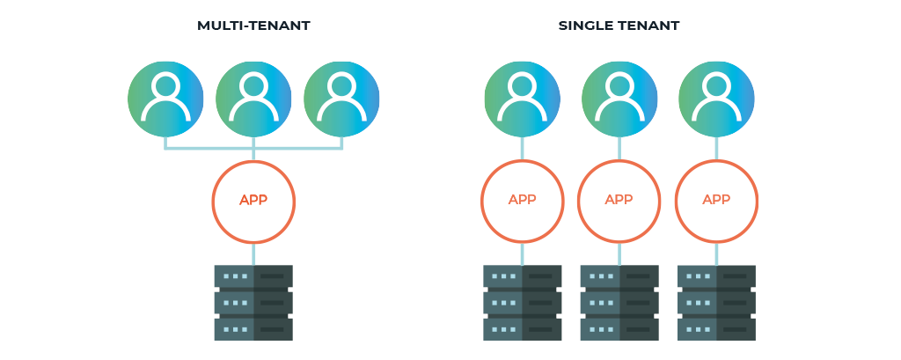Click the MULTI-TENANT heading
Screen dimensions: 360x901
(253, 26)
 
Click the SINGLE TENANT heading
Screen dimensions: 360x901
(619, 26)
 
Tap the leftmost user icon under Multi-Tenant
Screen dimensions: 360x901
(165, 99)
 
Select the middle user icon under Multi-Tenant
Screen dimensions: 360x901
(253, 99)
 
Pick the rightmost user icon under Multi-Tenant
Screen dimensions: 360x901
(341, 99)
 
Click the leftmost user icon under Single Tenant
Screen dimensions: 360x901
(522, 99)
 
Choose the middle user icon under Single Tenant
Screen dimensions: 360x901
(619, 99)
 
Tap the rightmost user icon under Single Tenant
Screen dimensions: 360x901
(716, 99)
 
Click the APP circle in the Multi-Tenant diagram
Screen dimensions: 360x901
(253, 202)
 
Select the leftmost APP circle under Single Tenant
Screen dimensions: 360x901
(522, 202)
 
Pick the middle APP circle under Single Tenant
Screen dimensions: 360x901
(619, 202)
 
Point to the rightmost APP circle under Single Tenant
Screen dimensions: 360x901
(716, 202)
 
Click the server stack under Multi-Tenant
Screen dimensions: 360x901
(253, 303)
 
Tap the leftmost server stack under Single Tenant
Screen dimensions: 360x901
(522, 303)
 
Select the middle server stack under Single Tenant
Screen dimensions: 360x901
(619, 303)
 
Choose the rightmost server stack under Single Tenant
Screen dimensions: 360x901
(716, 303)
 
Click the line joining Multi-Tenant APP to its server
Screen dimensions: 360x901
(253, 253)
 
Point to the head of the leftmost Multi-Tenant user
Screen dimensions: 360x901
(165, 85)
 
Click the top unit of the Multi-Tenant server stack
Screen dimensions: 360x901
(253, 276)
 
